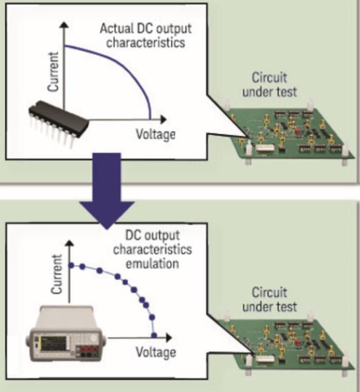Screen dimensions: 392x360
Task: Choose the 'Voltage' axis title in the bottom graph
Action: tap(156, 353)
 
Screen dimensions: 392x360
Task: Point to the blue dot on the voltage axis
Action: tap(155, 335)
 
